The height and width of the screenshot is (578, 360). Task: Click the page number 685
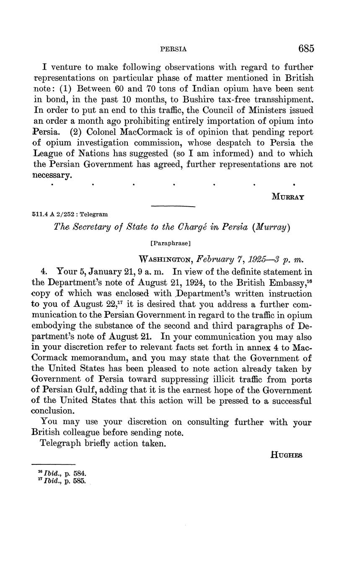(x=306, y=49)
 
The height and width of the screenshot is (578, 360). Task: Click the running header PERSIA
(x=174, y=49)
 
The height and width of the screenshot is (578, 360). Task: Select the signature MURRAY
(x=288, y=196)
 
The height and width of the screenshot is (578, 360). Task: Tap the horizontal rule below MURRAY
(x=173, y=206)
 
